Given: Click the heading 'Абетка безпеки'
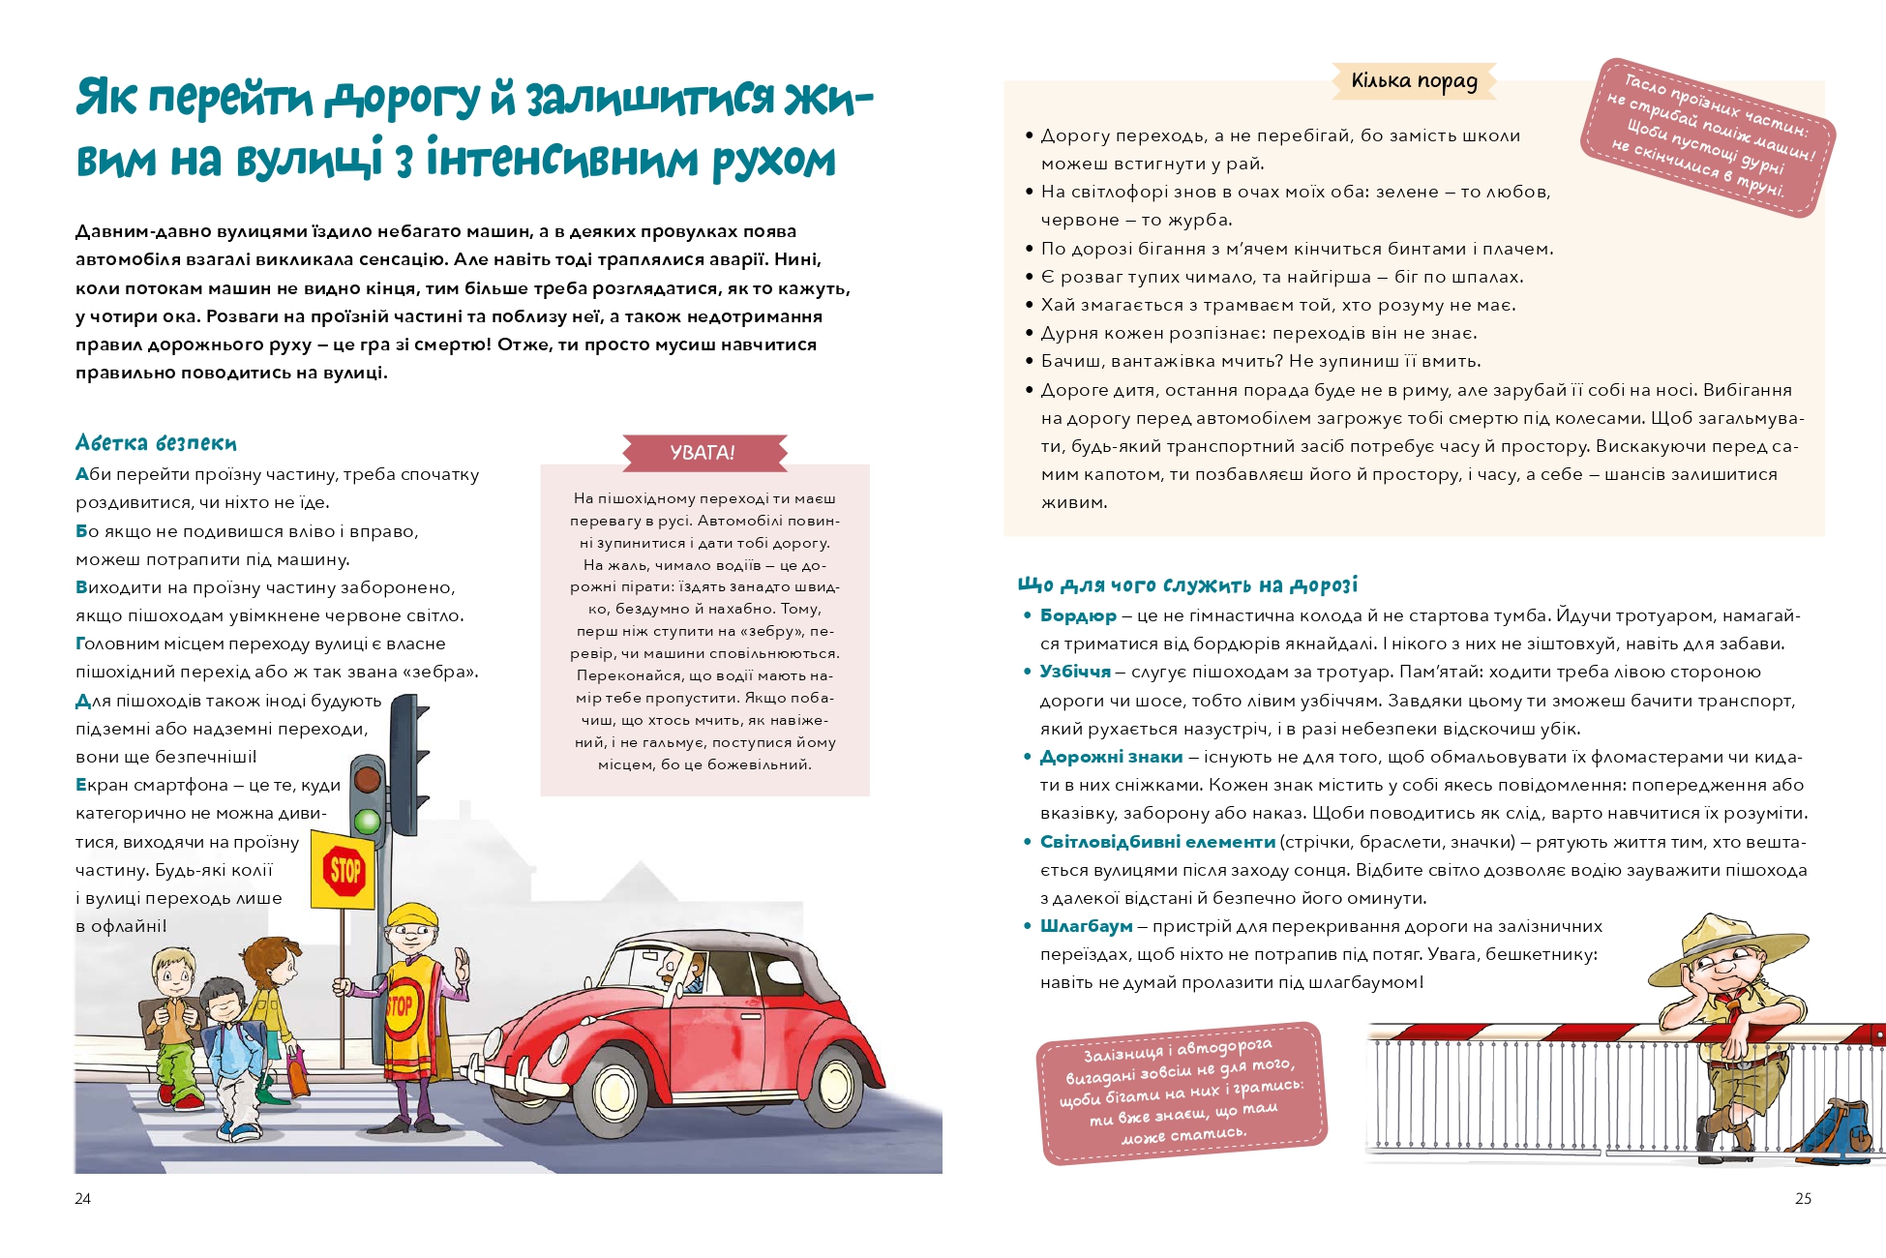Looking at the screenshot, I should tap(156, 443).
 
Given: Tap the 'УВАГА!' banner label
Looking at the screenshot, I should tap(703, 452).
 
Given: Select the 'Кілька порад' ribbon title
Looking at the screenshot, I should tap(1414, 81).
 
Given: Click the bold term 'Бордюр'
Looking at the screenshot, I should tap(1077, 615).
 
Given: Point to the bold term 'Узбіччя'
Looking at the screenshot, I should tap(1075, 672).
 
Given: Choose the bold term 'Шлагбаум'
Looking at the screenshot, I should tap(1086, 926).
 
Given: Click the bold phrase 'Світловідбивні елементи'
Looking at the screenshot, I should tap(1157, 842).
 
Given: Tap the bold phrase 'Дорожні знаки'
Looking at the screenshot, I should tap(1111, 757).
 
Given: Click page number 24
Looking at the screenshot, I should tap(83, 1198).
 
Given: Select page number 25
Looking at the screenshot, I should tap(1803, 1198).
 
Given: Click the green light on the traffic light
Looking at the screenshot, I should tap(367, 822).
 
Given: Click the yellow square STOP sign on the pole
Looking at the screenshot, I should tap(344, 868).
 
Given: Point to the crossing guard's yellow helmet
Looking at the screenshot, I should tap(412, 914).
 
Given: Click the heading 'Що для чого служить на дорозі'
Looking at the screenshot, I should tap(1187, 584).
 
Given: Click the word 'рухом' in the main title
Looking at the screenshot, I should tap(774, 162).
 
